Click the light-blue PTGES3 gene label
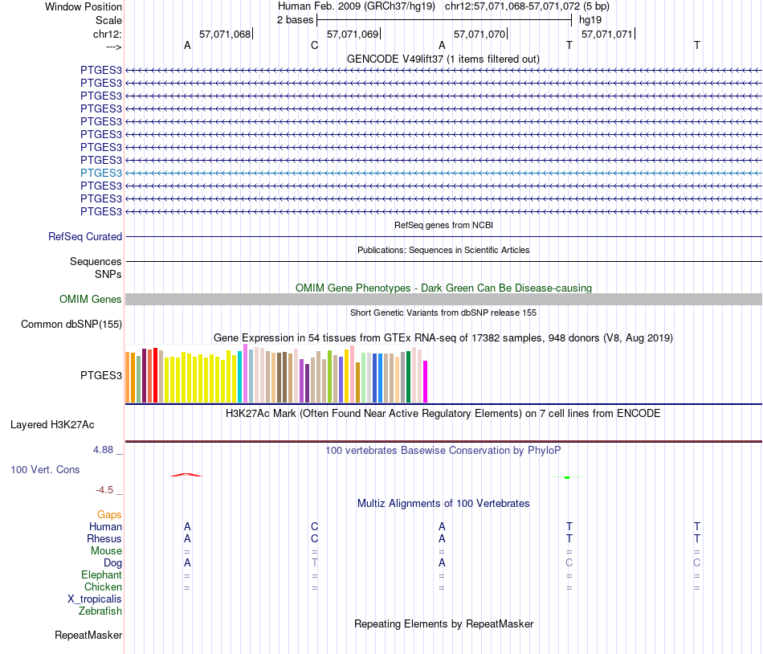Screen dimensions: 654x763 pyautogui.click(x=101, y=173)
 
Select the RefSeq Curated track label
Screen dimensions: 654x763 pyautogui.click(x=85, y=237)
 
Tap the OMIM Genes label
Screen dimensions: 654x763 pyautogui.click(x=91, y=300)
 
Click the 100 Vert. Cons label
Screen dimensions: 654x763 pyautogui.click(x=45, y=469)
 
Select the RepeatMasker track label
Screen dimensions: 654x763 pyautogui.click(x=88, y=636)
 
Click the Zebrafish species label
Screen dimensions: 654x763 pyautogui.click(x=100, y=611)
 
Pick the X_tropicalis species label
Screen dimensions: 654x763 pyautogui.click(x=95, y=599)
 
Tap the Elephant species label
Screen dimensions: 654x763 pyautogui.click(x=101, y=575)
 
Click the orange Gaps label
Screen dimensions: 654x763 pyautogui.click(x=109, y=514)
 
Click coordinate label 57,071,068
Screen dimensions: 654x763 pyautogui.click(x=225, y=35)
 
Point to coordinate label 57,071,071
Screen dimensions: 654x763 pyautogui.click(x=607, y=35)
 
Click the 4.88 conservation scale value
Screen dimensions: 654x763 pyautogui.click(x=106, y=450)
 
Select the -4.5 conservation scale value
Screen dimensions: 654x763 pyautogui.click(x=108, y=489)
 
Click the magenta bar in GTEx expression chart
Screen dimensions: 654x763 pyautogui.click(x=426, y=382)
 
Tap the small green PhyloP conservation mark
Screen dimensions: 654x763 pyautogui.click(x=567, y=477)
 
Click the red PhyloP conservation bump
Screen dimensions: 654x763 pyautogui.click(x=186, y=474)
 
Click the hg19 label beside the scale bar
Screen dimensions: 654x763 pyautogui.click(x=590, y=20)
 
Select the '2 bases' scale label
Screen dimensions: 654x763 pyautogui.click(x=295, y=20)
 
